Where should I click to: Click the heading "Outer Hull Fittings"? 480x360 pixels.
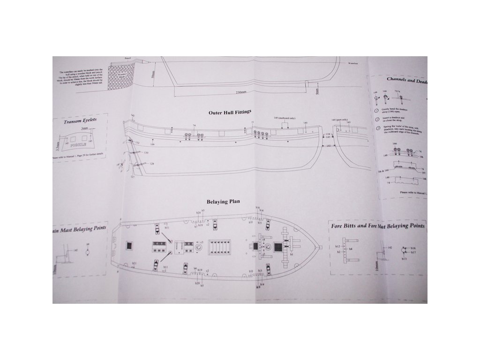232,112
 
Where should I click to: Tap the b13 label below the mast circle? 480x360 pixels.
404,259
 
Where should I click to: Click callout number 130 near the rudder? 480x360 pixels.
146,153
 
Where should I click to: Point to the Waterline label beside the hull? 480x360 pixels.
353,62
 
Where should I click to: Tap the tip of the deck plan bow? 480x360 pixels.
319,247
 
